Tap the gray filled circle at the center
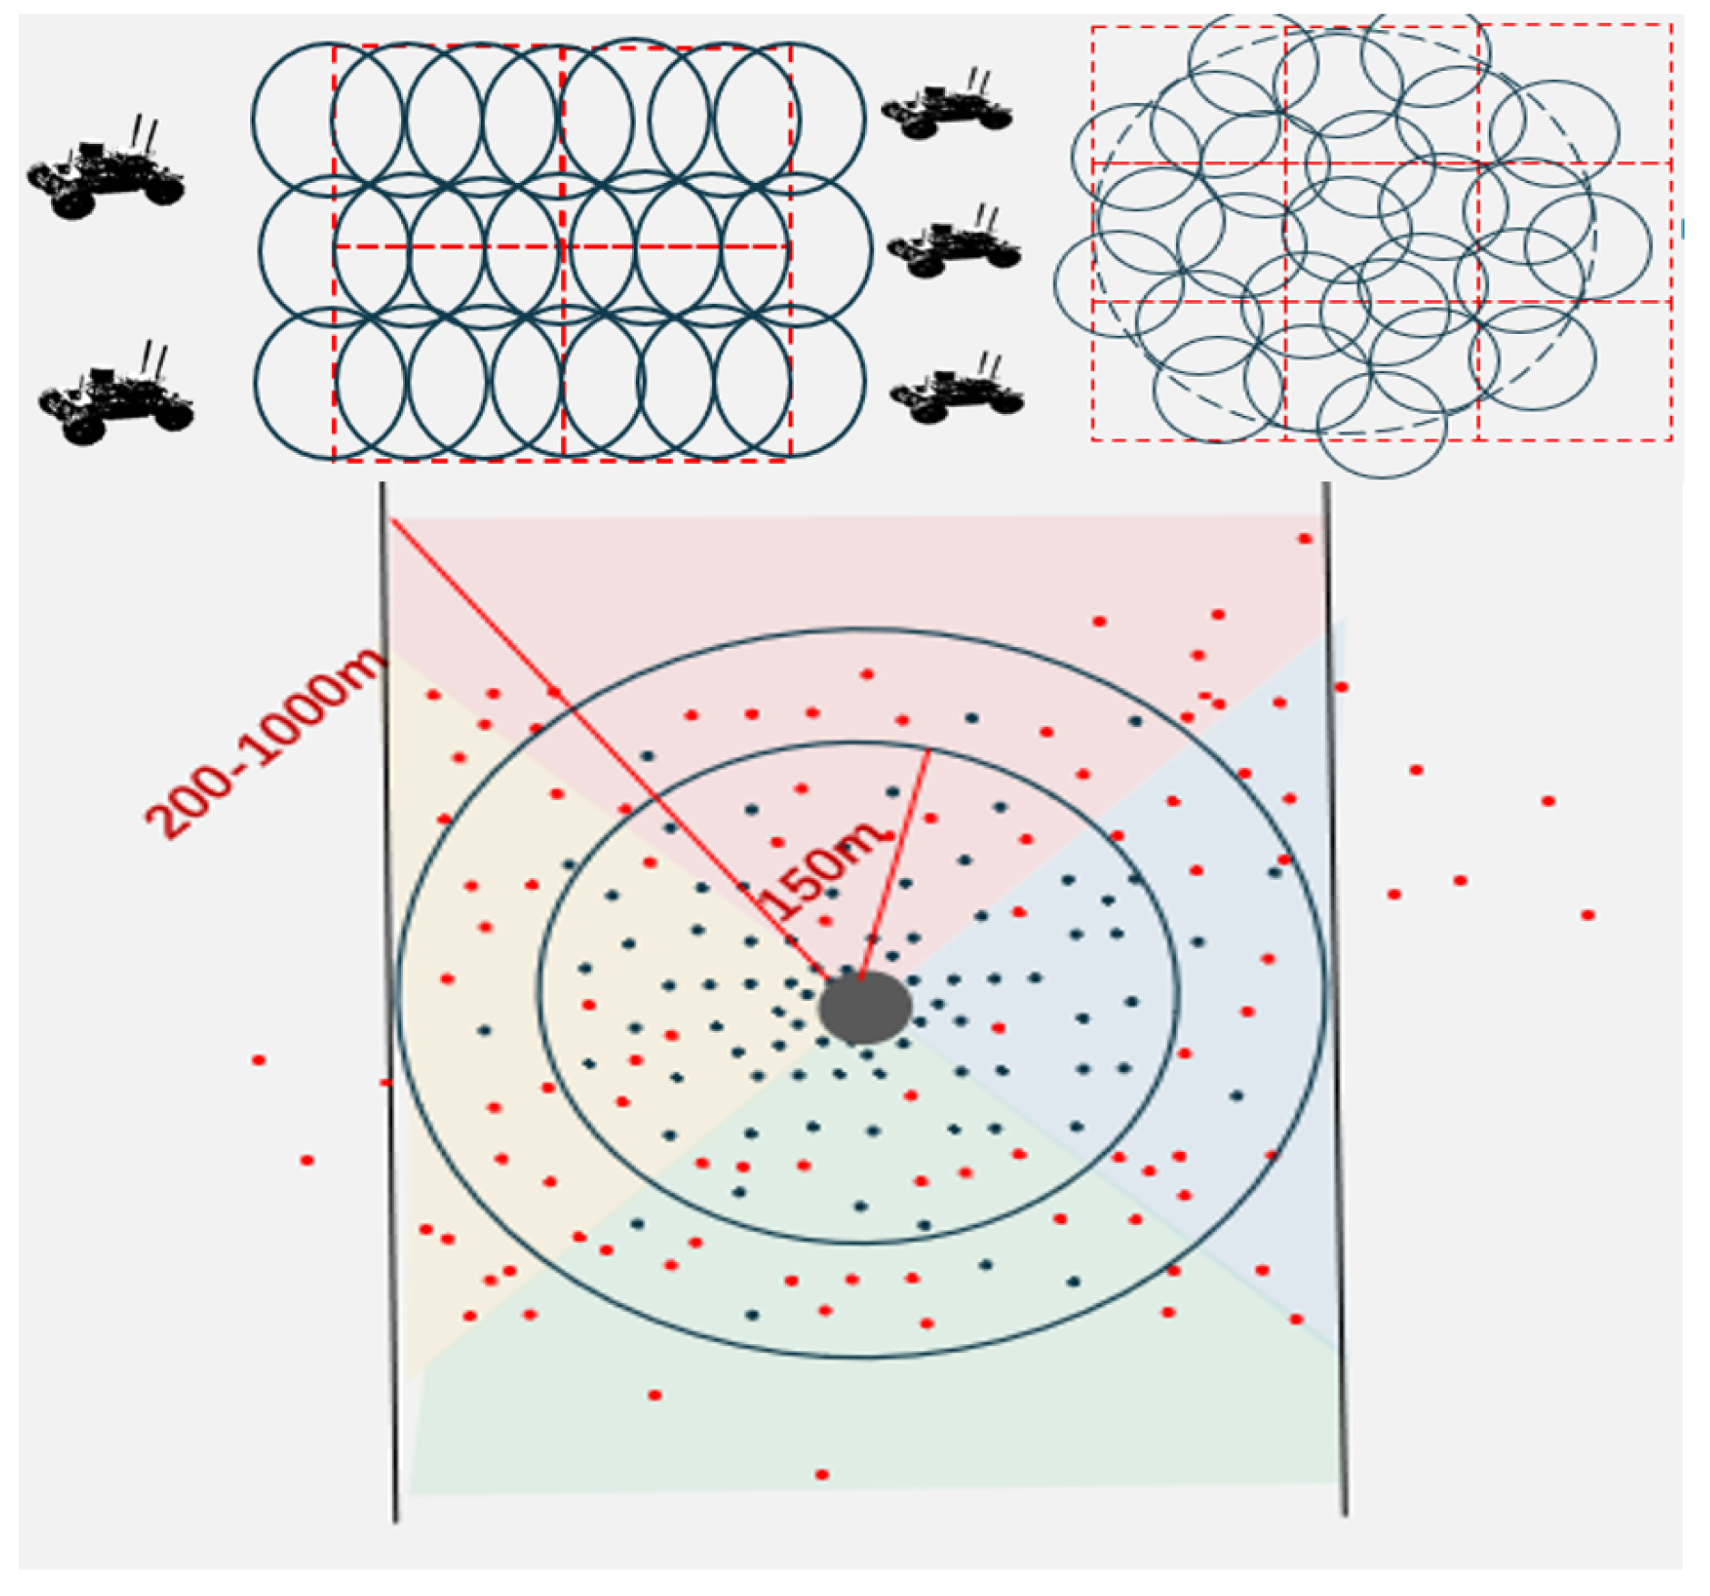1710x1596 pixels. click(x=864, y=1006)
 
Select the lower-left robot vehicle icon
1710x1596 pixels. click(x=114, y=400)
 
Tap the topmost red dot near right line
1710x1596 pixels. click(x=1304, y=539)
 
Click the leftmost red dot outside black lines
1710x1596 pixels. click(x=258, y=1060)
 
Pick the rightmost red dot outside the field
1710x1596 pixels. click(x=1587, y=914)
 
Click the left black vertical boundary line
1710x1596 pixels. click(x=389, y=1001)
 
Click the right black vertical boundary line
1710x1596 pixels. click(x=1335, y=1001)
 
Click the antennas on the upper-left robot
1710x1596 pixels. click(x=145, y=132)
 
